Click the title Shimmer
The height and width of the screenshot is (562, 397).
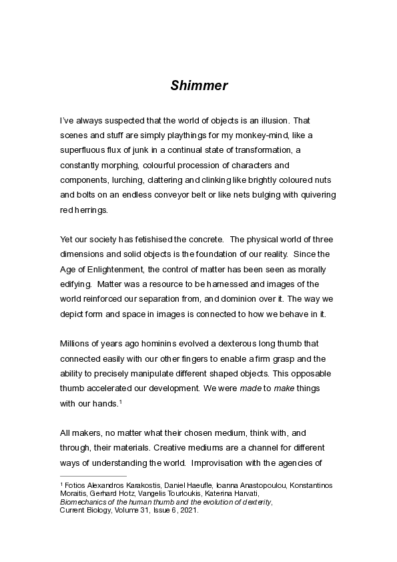click(199, 85)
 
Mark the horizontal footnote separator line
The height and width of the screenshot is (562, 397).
click(93, 476)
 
